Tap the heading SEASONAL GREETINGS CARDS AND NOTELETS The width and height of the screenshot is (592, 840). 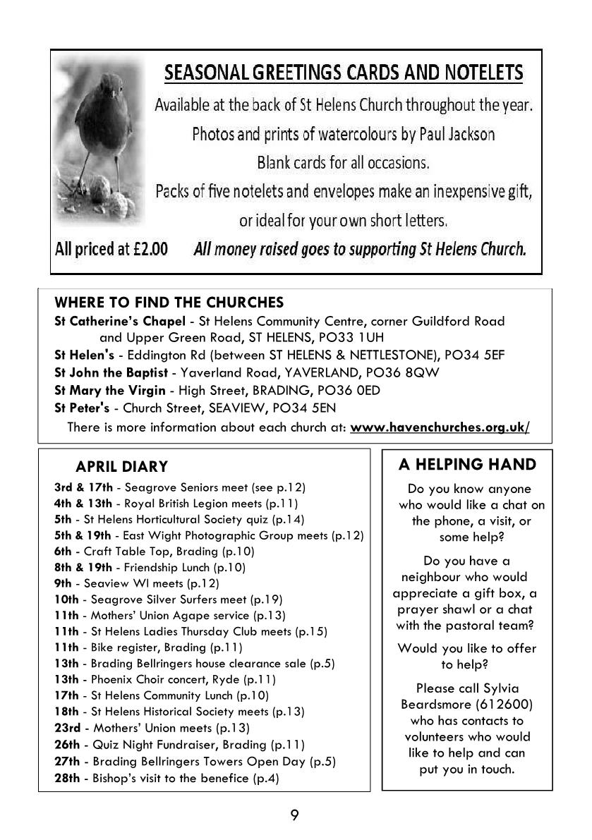pyautogui.click(x=344, y=73)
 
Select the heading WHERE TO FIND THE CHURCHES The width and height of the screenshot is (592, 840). pyautogui.click(x=169, y=303)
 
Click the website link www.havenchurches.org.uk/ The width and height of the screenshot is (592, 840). pyautogui.click(x=440, y=427)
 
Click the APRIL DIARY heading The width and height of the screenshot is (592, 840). pyautogui.click(x=121, y=467)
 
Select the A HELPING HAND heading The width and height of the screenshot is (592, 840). pyautogui.click(x=467, y=464)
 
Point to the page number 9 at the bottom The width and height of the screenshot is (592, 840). pyautogui.click(x=295, y=816)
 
